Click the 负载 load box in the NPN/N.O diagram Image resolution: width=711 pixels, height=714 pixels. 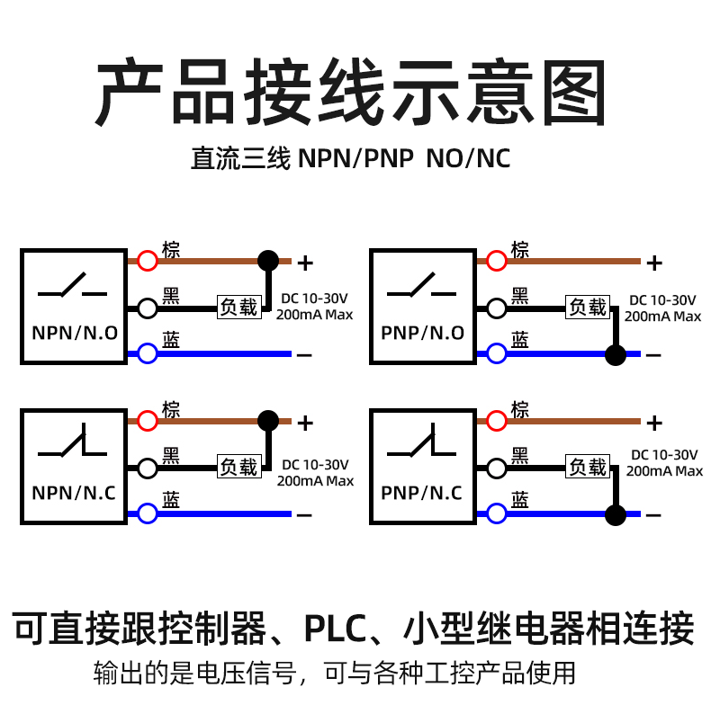coord(239,307)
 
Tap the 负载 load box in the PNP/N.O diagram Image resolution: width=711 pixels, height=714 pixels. coord(588,307)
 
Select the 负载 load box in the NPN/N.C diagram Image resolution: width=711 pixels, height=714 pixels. coord(239,467)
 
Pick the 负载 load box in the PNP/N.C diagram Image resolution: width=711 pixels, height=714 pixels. coord(588,467)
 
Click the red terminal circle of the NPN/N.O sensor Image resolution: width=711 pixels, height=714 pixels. coord(148,261)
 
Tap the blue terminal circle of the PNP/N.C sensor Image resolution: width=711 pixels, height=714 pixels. coord(496,513)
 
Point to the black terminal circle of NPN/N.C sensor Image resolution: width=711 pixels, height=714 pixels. coord(148,469)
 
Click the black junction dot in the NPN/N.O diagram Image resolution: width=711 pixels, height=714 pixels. coord(268,261)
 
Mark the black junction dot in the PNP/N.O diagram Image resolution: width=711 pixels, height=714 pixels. coord(616,354)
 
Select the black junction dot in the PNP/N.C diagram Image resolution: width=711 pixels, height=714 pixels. coord(616,515)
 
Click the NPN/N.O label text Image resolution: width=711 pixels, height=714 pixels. coord(75,334)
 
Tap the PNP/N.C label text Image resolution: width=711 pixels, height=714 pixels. coord(421,493)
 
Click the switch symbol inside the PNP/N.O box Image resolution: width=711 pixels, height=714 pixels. coord(421,285)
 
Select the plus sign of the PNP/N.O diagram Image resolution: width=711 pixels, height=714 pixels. coord(654,263)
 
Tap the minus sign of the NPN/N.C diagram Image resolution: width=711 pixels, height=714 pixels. coord(304,515)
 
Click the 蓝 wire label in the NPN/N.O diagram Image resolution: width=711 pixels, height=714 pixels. coord(171,340)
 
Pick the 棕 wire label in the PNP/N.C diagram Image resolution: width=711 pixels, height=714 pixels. coord(519,409)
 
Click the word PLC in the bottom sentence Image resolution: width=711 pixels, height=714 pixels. coord(335,629)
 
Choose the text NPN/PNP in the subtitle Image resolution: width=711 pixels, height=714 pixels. coord(355,158)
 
